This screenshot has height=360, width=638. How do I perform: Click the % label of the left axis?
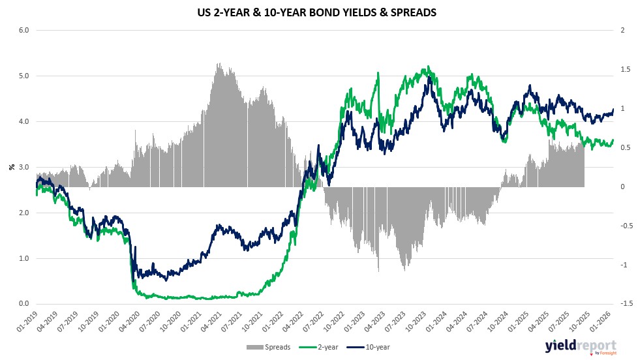tap(11, 167)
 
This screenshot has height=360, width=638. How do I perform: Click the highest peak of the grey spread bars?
tap(217, 64)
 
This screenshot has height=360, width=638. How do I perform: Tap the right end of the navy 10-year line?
tap(613, 110)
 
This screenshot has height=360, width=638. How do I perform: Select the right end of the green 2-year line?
tap(613, 140)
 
